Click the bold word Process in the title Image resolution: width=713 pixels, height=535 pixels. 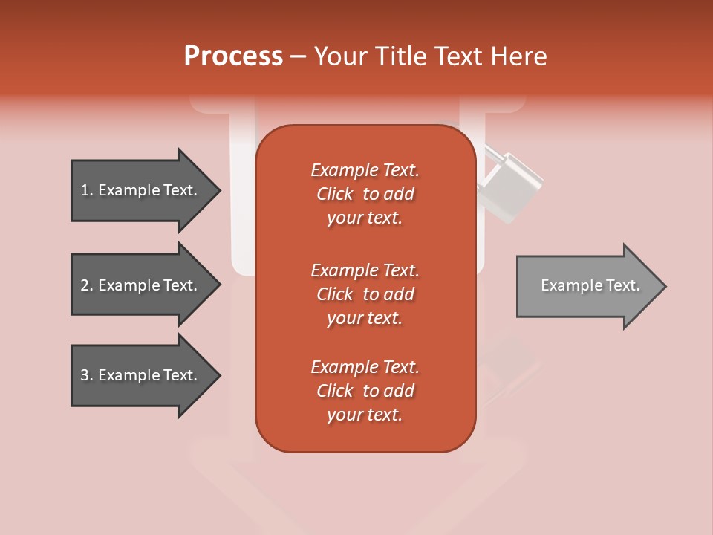pos(233,56)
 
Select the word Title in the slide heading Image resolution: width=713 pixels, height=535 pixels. pos(402,56)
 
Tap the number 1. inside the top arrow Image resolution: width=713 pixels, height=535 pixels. pos(87,190)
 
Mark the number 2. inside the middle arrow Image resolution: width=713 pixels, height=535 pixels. pos(87,285)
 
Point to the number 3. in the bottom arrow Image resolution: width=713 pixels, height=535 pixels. pos(87,375)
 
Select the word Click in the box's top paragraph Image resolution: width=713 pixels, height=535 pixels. pos(335,194)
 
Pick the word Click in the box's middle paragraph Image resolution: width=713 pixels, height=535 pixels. pos(335,294)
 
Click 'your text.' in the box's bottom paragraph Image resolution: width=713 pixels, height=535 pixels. pos(365,415)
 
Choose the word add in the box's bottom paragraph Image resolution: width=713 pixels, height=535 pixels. pos(400,391)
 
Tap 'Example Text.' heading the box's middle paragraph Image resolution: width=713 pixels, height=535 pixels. pos(365,270)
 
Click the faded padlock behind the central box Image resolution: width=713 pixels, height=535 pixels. pos(508,186)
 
